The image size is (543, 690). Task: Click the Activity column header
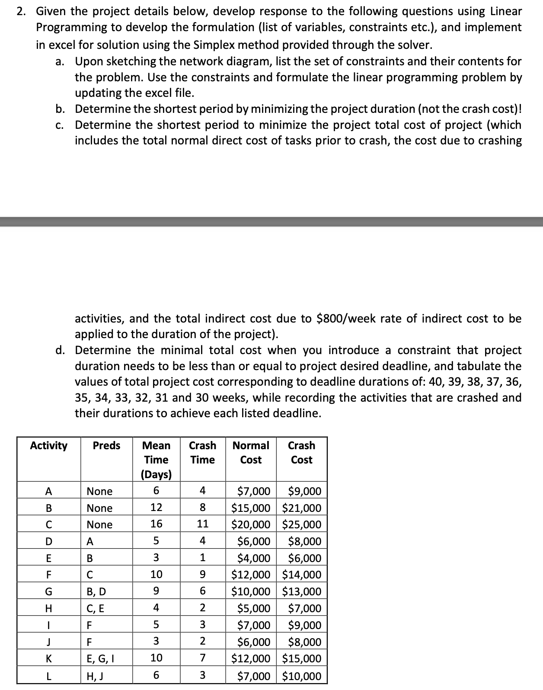tap(48, 445)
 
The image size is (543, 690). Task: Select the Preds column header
tap(106, 445)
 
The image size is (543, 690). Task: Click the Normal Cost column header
tap(251, 452)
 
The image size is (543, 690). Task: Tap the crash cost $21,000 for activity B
tap(302, 508)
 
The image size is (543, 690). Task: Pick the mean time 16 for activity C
tap(156, 524)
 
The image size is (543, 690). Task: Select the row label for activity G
tap(48, 591)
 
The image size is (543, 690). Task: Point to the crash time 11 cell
tap(202, 524)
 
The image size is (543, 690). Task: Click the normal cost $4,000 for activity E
tap(254, 558)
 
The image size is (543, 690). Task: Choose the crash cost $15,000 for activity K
tap(302, 659)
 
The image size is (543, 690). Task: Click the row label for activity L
tap(48, 676)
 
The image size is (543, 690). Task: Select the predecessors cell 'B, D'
tap(96, 591)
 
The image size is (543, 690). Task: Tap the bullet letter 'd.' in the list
tap(60, 350)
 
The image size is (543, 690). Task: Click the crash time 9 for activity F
tap(202, 575)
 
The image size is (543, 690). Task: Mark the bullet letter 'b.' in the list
tap(60, 109)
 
